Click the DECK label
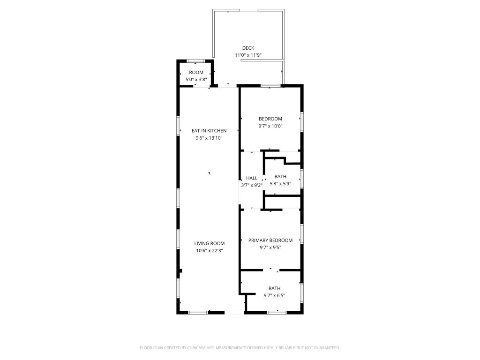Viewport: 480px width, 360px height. [x=248, y=48]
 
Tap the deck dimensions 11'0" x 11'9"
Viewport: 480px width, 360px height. [x=248, y=55]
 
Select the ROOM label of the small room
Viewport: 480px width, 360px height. [x=196, y=73]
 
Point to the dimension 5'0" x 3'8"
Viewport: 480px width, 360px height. [x=196, y=80]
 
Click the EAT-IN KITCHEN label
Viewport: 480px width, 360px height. [x=209, y=131]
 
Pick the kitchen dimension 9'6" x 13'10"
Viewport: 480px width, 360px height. [x=209, y=138]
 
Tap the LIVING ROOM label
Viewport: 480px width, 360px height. [x=210, y=243]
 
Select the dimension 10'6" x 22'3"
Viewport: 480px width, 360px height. [x=210, y=251]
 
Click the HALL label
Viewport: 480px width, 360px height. [x=252, y=178]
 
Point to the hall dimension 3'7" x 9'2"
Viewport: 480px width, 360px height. [x=252, y=185]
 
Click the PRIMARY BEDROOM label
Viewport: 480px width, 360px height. [x=270, y=240]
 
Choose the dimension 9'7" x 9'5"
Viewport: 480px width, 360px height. [x=270, y=247]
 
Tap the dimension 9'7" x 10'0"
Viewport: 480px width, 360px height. [x=270, y=126]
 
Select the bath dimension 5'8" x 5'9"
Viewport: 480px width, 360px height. [x=280, y=184]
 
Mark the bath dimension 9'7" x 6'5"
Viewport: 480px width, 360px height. [x=275, y=296]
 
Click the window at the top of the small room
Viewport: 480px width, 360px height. [x=195, y=61]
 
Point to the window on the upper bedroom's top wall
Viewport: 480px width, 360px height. [x=270, y=86]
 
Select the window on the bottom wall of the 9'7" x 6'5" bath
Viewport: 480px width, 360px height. [x=277, y=313]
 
